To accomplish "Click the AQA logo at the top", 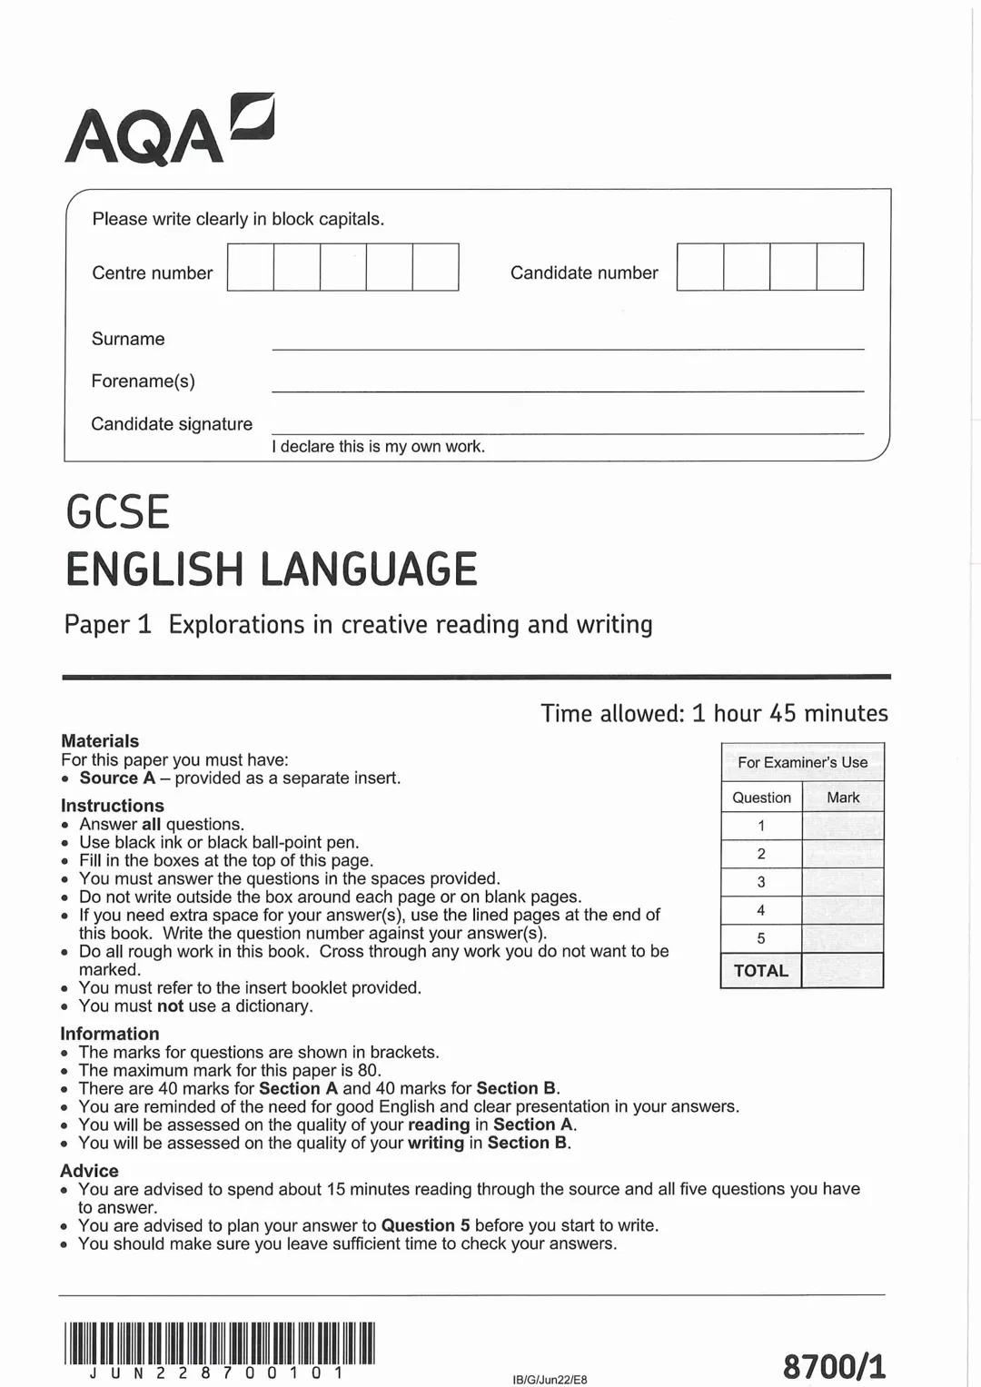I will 169,131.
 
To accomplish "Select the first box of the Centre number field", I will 251,267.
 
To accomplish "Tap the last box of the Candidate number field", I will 839,267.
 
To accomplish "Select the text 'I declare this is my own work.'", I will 378,446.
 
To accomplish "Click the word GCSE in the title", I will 118,512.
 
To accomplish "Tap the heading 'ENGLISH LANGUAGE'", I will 271,570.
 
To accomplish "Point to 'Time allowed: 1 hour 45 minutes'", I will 714,713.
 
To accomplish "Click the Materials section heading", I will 100,741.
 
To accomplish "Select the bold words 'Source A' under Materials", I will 117,778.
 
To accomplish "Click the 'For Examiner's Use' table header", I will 802,762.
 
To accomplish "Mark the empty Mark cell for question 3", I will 842,882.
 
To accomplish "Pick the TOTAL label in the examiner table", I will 761,970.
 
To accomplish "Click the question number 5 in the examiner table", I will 761,938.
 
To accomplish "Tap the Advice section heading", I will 89,1171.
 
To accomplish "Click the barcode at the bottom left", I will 219,1343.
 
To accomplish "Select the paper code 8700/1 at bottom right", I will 834,1365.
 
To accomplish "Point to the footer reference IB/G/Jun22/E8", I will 550,1379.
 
